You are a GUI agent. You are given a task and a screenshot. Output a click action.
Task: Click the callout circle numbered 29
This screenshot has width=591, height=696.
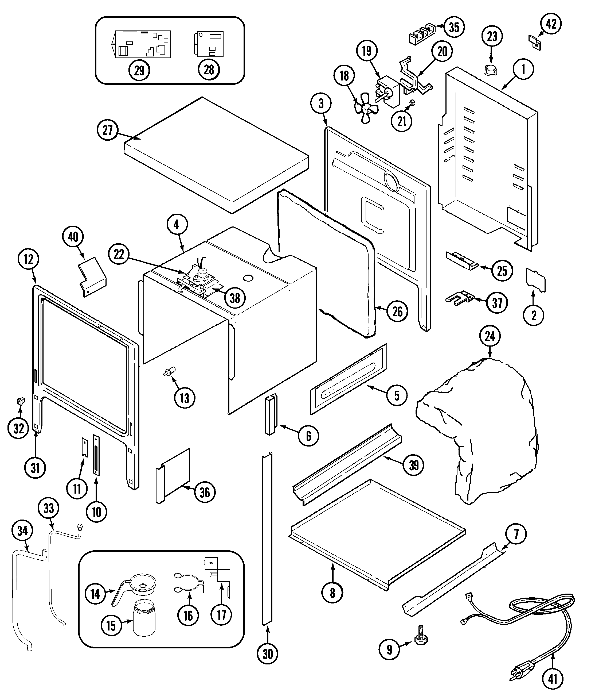coord(139,70)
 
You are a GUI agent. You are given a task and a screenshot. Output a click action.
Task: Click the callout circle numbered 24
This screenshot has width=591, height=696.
coord(490,336)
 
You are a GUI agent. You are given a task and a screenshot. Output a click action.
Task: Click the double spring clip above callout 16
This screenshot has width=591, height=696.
coord(189,583)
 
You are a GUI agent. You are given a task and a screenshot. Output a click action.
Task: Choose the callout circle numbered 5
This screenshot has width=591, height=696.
coord(397,396)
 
